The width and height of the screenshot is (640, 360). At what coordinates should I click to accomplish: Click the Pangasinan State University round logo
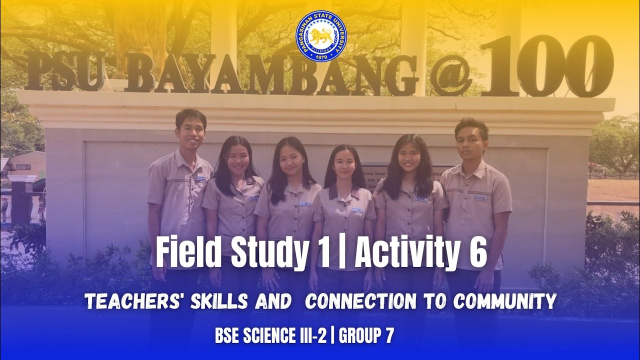(x=321, y=37)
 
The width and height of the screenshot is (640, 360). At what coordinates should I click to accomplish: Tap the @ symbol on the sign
(x=451, y=75)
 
